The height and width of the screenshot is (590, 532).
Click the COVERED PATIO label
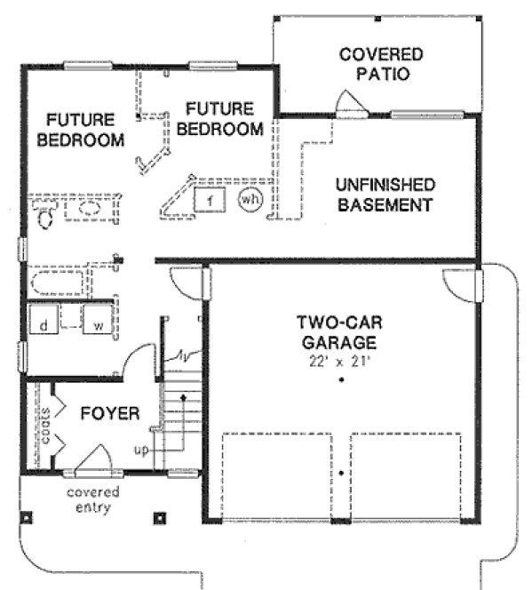coord(381,64)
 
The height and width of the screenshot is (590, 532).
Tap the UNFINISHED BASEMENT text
coord(385,195)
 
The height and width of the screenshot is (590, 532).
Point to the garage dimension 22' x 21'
coord(339,361)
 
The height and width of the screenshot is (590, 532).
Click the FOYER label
coord(109,413)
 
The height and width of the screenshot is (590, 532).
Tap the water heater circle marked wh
coord(250,200)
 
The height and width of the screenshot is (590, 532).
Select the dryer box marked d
coord(43,325)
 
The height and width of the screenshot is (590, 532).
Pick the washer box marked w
coord(99,325)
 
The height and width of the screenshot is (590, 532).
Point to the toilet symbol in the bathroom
coord(44,212)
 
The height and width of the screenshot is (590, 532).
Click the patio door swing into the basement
coord(349,105)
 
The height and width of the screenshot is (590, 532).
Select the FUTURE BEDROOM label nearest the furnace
coord(219,118)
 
